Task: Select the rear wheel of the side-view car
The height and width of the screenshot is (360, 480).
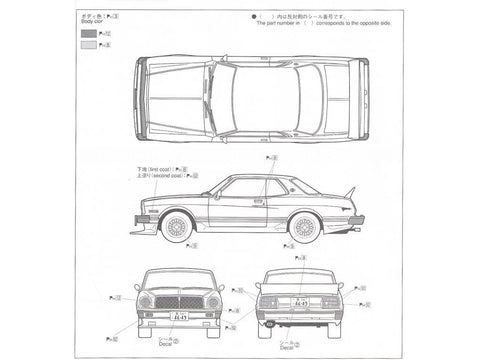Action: point(303,227)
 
